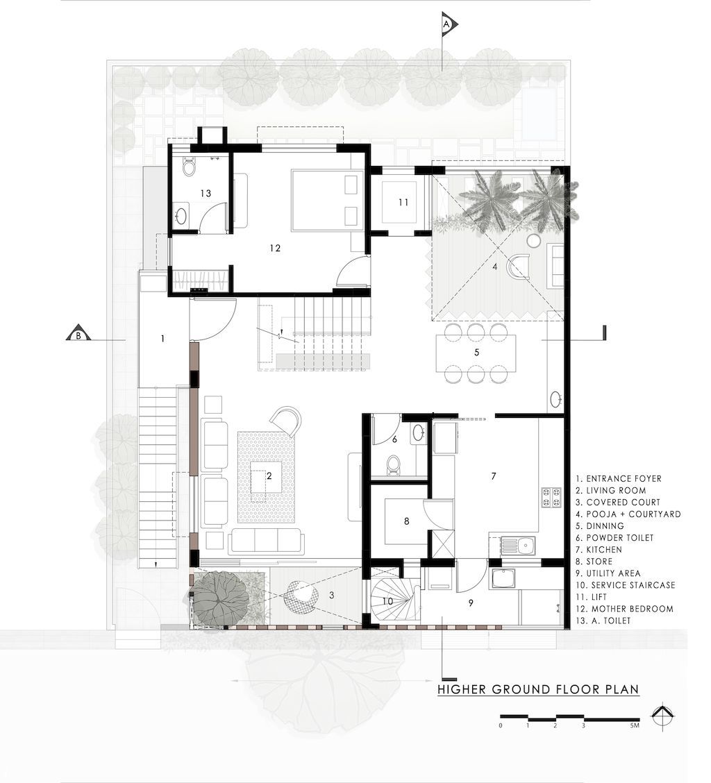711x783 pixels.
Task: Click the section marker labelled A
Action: click(x=448, y=24)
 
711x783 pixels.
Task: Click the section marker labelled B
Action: click(x=78, y=334)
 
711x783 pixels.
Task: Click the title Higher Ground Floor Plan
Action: click(x=538, y=689)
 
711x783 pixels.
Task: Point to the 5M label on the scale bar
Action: click(x=635, y=725)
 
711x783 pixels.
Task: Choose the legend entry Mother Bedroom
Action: click(x=625, y=609)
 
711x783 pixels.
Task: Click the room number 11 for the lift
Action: click(x=403, y=202)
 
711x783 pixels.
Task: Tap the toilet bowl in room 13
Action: click(x=189, y=167)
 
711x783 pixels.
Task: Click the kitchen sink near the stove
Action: click(x=525, y=545)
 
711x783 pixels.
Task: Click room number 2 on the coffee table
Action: click(x=269, y=476)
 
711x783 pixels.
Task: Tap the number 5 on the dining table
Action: click(x=477, y=352)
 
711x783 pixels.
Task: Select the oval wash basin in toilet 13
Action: click(x=181, y=216)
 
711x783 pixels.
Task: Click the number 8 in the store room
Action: click(x=407, y=521)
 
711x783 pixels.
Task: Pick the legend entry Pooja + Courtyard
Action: click(x=628, y=514)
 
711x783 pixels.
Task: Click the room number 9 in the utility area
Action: click(x=470, y=603)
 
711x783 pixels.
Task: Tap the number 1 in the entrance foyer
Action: click(x=162, y=339)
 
